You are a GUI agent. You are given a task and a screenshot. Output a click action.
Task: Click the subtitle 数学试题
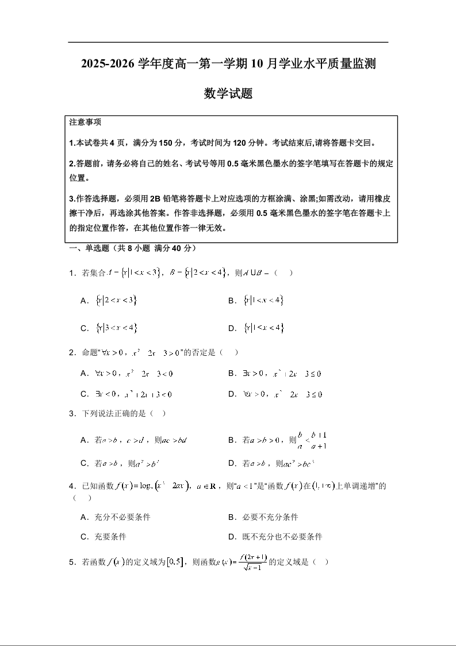tap(228, 93)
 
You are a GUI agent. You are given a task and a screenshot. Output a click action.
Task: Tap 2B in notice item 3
tap(155, 199)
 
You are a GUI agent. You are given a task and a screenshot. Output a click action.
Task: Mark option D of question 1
tap(263, 328)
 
